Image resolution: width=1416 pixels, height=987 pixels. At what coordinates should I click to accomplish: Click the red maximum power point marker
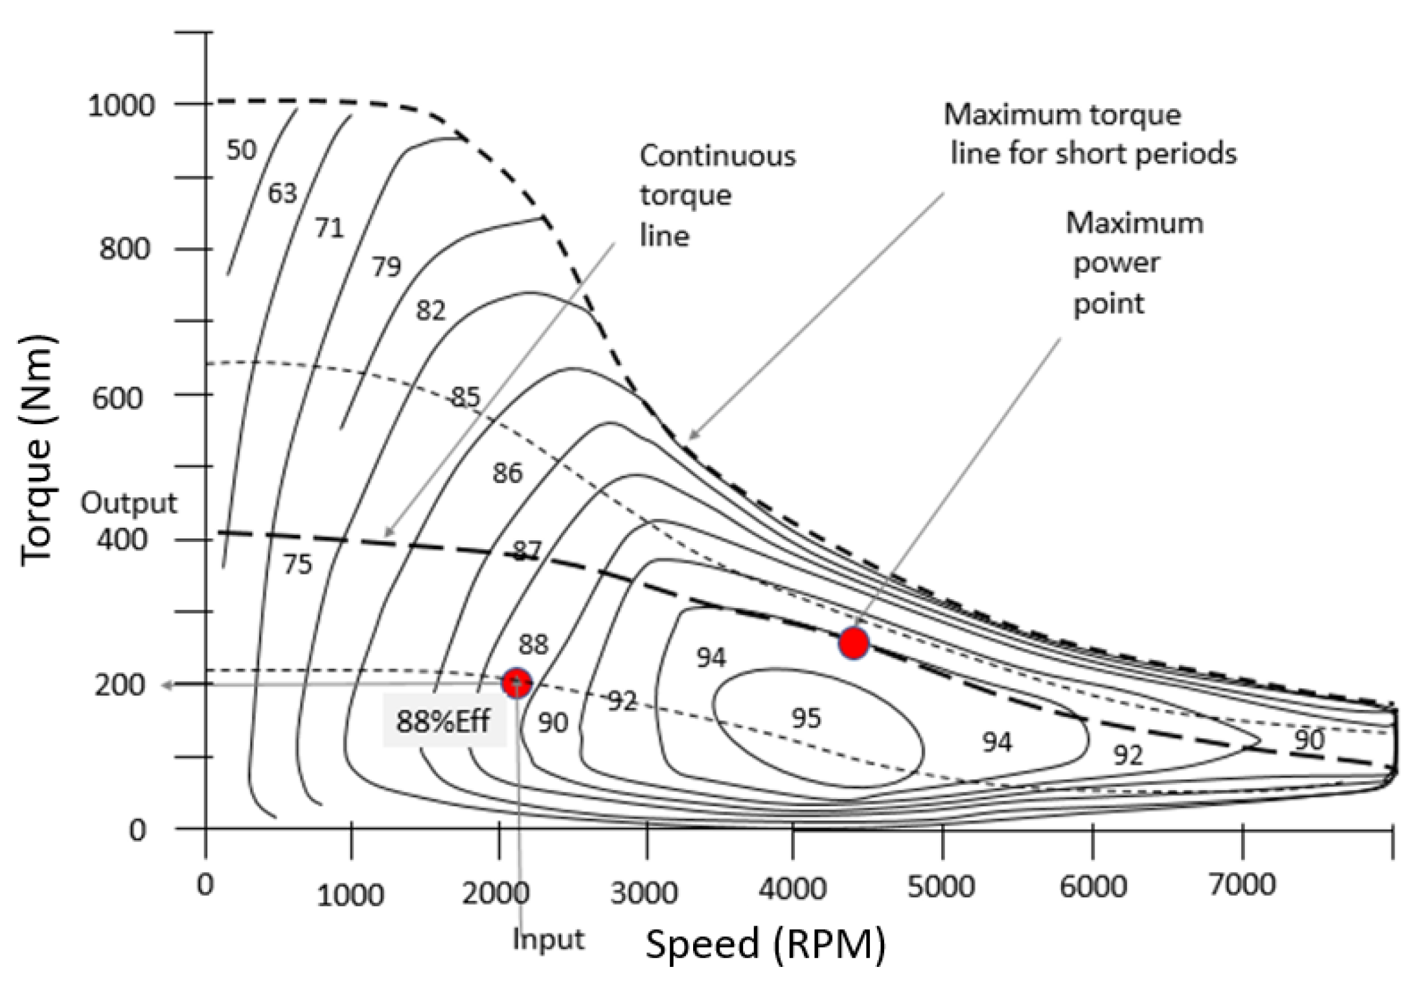pos(853,643)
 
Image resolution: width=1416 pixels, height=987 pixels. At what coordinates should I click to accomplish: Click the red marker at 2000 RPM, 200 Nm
pos(517,682)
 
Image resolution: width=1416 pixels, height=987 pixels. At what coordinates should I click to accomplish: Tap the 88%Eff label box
pos(444,721)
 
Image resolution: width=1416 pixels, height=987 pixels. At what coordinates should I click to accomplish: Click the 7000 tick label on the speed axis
pos(1242,885)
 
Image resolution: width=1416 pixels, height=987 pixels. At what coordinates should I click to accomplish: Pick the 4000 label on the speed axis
pos(792,890)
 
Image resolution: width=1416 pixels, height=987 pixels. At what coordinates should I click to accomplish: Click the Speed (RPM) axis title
pos(765,944)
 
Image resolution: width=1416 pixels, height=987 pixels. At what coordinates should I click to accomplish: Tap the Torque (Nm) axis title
pos(37,451)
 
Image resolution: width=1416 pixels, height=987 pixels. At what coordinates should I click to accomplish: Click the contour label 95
pos(806,718)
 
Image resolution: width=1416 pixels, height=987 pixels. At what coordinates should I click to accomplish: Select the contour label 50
pos(242,150)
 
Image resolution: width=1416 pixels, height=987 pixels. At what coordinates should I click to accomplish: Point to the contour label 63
pos(282,193)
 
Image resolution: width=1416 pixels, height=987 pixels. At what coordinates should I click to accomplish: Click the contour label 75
pos(297,565)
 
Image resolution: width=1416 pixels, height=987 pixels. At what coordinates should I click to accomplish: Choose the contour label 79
pos(386,266)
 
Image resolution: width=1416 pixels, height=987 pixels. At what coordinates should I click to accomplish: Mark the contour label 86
pos(507,473)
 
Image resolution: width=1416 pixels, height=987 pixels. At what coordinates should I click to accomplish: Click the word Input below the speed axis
pos(548,940)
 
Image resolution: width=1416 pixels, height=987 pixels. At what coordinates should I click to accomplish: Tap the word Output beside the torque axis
pos(128,503)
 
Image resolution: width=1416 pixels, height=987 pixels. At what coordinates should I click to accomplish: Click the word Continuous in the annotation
pos(718,156)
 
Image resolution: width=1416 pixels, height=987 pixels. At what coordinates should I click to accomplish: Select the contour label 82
pos(431,312)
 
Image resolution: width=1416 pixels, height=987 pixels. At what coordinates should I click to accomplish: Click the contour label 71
pos(329,228)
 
